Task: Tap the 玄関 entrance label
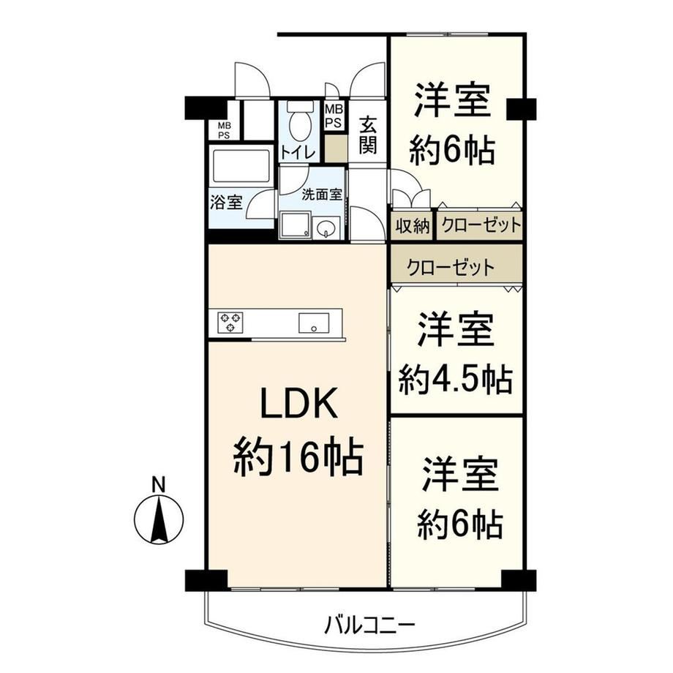(368, 135)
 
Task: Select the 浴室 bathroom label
(226, 202)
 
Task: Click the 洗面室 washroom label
(322, 195)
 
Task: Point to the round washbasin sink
(327, 228)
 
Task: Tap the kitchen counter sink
(314, 323)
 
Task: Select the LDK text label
(298, 404)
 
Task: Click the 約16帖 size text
(298, 456)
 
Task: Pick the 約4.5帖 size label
(456, 379)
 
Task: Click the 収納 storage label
(413, 226)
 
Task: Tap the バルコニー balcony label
(369, 626)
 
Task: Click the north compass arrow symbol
(159, 519)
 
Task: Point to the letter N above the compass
(159, 484)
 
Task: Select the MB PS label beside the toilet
(334, 116)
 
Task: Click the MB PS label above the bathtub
(224, 130)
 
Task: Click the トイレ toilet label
(298, 152)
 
